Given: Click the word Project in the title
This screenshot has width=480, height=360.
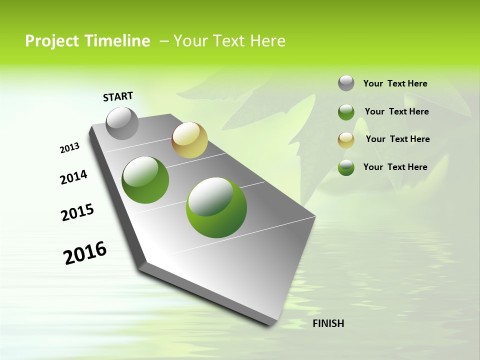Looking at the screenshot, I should pyautogui.click(x=48, y=41).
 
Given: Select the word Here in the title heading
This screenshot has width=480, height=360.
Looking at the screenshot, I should pyautogui.click(x=267, y=41).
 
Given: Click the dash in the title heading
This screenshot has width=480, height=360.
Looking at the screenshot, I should pyautogui.click(x=163, y=41).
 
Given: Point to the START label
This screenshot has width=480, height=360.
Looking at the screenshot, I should pyautogui.click(x=118, y=96).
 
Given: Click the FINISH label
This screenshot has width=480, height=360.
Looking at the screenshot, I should pyautogui.click(x=328, y=323).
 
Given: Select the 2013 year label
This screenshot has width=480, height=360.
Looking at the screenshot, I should pyautogui.click(x=69, y=148).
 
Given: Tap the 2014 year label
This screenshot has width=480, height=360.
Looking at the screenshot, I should pyautogui.click(x=73, y=177).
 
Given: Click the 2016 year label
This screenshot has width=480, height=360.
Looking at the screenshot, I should pyautogui.click(x=85, y=253).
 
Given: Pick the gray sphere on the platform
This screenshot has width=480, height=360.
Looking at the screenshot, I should pyautogui.click(x=122, y=123).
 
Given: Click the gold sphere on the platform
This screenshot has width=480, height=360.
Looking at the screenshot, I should pyautogui.click(x=189, y=140).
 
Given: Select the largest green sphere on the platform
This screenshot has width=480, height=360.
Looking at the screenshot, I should pyautogui.click(x=216, y=207).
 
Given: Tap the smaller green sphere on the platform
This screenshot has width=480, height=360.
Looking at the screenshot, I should pyautogui.click(x=145, y=180).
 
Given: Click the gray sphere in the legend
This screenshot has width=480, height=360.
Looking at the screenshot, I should pyautogui.click(x=346, y=83).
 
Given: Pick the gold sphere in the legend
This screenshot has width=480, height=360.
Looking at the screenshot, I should pyautogui.click(x=346, y=140).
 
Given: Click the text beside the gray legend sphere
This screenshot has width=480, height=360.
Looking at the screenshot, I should pyautogui.click(x=395, y=84).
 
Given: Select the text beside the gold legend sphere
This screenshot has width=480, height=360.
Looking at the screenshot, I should pyautogui.click(x=397, y=139).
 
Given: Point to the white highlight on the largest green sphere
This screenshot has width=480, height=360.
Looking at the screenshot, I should pyautogui.click(x=210, y=196).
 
